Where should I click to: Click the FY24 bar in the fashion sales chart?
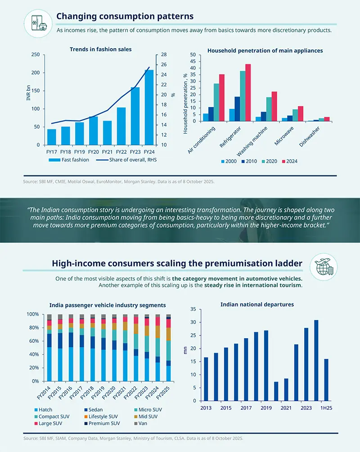(x=149, y=108)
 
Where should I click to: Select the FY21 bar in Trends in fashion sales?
(x=107, y=133)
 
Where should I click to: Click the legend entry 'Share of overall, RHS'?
(x=131, y=160)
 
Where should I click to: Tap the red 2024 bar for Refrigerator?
(x=247, y=93)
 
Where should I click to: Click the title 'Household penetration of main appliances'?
(x=265, y=51)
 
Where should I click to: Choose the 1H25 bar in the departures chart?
(x=326, y=380)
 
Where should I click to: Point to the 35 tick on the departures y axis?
(x=193, y=309)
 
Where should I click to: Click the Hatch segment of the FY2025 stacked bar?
(x=169, y=373)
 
